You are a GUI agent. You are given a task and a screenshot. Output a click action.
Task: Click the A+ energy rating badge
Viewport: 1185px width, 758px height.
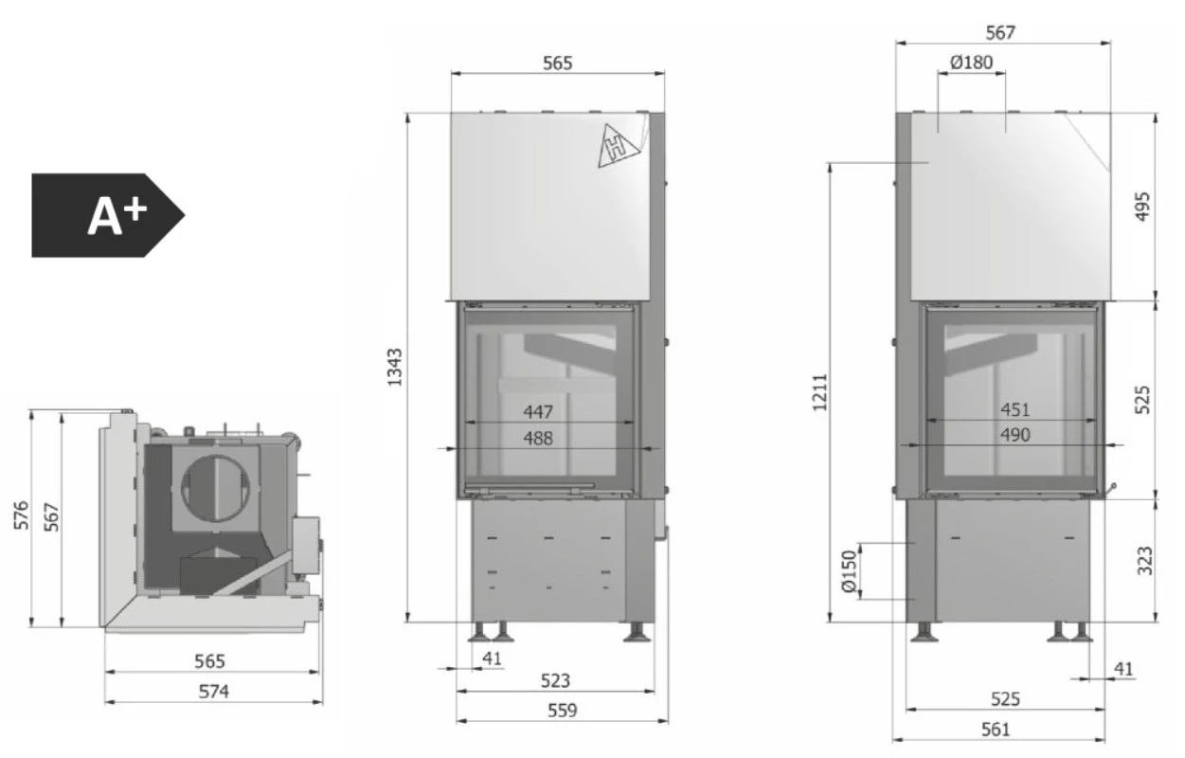[106, 215]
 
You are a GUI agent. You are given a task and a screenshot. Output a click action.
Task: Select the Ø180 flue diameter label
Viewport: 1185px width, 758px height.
[970, 63]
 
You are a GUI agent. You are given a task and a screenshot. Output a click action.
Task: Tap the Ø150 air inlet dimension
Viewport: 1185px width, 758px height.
[848, 572]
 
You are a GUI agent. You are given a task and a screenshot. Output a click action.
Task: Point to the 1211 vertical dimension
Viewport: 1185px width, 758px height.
[819, 391]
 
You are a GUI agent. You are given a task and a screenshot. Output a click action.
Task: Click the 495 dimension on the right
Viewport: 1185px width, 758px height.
[1141, 207]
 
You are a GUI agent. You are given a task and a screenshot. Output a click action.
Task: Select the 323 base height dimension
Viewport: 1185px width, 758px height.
[1143, 561]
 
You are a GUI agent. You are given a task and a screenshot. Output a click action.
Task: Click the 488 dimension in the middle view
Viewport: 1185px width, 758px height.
[536, 438]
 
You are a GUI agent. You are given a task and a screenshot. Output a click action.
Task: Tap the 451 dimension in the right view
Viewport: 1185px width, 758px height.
[1014, 410]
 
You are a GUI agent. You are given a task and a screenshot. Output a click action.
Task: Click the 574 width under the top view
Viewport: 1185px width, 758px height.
[213, 691]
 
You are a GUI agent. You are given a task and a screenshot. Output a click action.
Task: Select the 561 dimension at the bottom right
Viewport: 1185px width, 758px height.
[996, 729]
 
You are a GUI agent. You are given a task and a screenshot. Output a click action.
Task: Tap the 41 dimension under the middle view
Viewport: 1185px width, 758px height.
[492, 659]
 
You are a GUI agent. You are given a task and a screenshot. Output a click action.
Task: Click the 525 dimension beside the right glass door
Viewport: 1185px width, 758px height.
[1141, 399]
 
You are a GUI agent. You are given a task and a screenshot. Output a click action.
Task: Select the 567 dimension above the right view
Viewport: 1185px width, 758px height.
[1000, 32]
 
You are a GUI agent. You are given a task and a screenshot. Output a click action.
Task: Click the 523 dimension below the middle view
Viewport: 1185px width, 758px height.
[556, 680]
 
